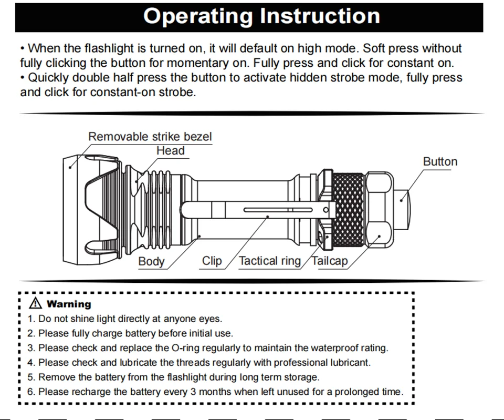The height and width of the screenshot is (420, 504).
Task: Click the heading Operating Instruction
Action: point(261,16)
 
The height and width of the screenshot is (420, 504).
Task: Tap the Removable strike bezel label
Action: point(150,137)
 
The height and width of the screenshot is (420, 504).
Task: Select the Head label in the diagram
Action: point(170,151)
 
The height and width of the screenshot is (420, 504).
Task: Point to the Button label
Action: point(440,161)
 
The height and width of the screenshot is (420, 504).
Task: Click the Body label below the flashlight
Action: point(151,261)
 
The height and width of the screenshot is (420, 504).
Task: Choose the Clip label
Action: point(212,261)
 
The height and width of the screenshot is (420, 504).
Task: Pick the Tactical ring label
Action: point(270,261)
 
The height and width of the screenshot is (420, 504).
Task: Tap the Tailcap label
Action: point(330,261)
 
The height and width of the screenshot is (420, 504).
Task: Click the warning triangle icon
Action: point(35,303)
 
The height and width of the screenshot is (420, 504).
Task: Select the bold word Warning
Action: point(69,304)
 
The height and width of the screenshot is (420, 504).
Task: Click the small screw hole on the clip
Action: point(327,210)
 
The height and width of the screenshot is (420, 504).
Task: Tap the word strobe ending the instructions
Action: point(180,93)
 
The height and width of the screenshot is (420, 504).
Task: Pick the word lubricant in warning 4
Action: point(351,363)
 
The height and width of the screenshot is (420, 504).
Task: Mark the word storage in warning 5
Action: point(301,377)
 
